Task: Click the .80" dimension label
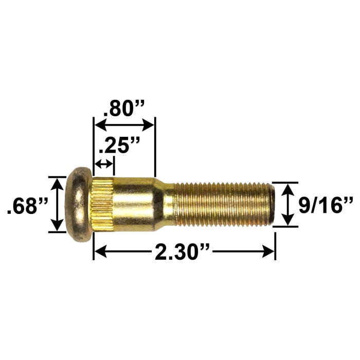pyautogui.click(x=124, y=109)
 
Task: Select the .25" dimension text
pyautogui.click(x=119, y=145)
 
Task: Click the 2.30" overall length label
pyautogui.click(x=183, y=252)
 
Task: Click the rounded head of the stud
pyautogui.click(x=79, y=204)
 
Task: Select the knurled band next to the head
pyautogui.click(x=103, y=204)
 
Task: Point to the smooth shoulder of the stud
pyautogui.click(x=134, y=204)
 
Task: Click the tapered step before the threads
pyautogui.click(x=164, y=205)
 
